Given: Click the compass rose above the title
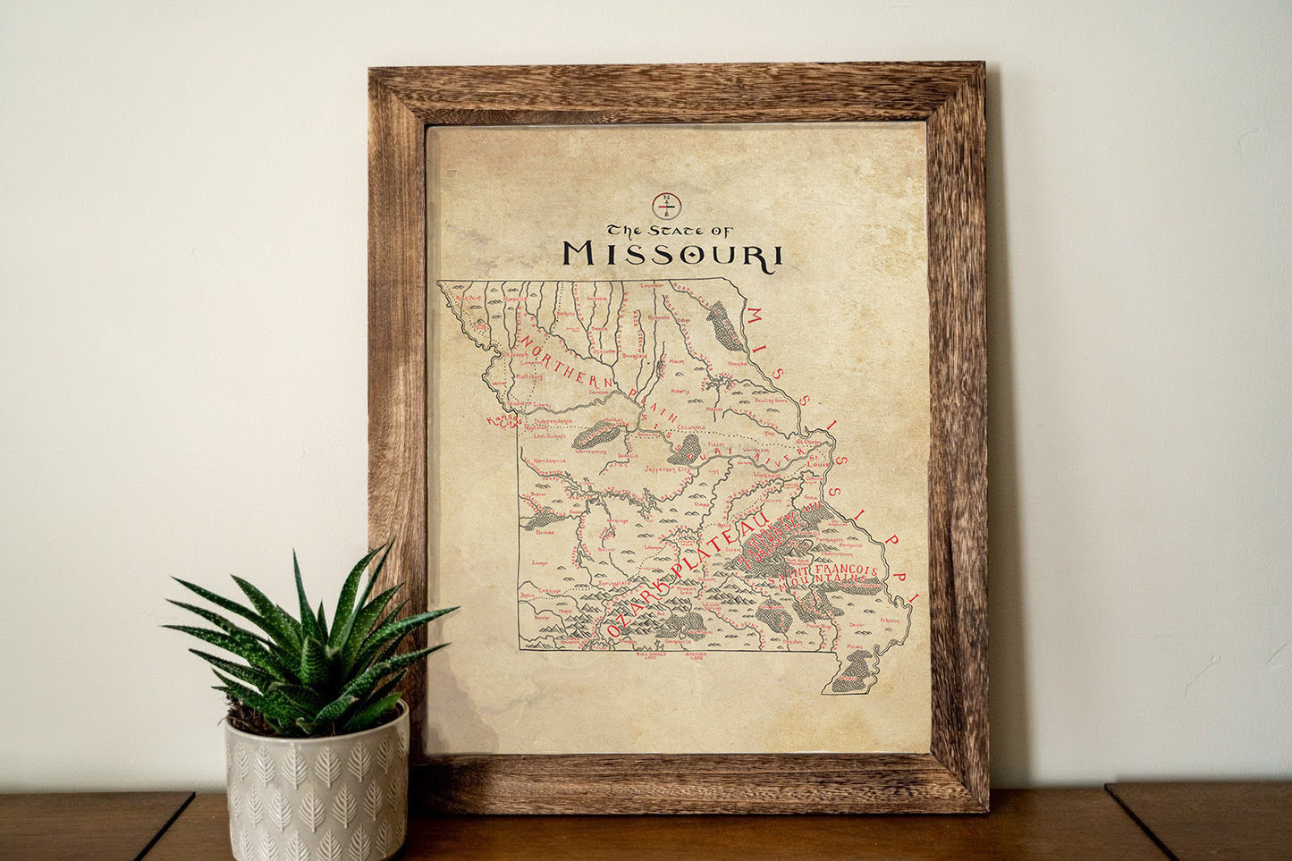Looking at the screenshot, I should pos(666,206).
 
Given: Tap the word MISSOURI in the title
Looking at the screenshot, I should pos(672,254).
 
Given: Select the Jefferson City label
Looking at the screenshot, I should pos(669,468).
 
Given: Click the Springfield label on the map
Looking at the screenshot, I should pos(614,583).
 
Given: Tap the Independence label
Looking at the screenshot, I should pos(552,420).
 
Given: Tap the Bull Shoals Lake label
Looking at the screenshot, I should pos(652,655).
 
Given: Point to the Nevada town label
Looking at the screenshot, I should pos(545,532).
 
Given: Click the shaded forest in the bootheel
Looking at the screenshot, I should pos(851,671).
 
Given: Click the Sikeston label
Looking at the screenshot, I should pos(890,620).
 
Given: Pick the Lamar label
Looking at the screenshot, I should pos(539,563).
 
